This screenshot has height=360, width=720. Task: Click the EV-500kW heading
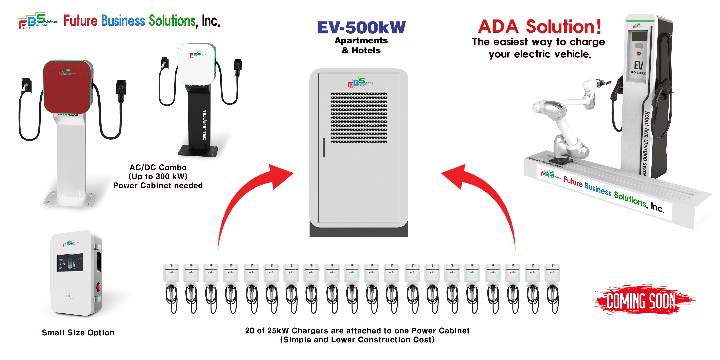point(361,27)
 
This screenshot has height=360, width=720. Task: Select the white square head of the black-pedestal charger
point(196,64)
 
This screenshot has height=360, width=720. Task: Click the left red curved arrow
point(246,196)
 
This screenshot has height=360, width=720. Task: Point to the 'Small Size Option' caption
point(78,333)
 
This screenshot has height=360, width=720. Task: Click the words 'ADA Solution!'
point(539,26)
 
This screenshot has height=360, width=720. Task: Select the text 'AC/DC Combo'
point(158,167)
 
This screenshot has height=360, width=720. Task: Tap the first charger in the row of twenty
point(171,288)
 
